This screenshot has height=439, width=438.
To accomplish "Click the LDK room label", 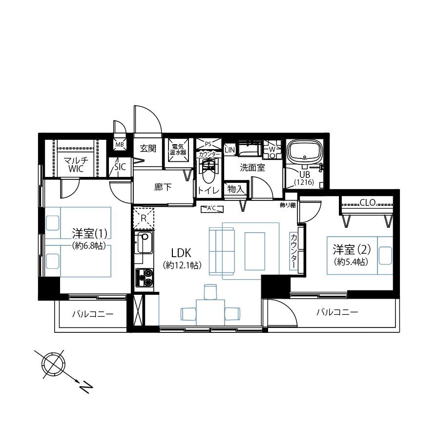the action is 181,253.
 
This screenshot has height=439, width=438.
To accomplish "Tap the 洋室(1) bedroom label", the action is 89,233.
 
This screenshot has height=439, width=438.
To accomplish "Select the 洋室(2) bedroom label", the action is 352,249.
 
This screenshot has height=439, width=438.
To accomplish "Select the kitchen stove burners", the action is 145,278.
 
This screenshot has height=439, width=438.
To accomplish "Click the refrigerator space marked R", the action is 144,218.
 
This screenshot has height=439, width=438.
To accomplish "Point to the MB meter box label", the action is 120,145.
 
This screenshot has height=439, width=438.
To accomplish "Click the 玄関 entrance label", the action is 148,149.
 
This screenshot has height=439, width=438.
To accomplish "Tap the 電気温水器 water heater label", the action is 178,150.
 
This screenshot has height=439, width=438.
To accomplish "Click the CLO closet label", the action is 368,202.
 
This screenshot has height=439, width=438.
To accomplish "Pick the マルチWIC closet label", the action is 76,165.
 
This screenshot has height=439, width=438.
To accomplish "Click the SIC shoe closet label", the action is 120,167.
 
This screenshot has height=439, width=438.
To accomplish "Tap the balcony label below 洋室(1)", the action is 93,314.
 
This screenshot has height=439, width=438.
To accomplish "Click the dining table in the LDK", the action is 210,312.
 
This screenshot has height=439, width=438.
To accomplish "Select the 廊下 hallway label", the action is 163,187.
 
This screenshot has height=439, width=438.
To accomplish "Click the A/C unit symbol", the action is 212,208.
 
